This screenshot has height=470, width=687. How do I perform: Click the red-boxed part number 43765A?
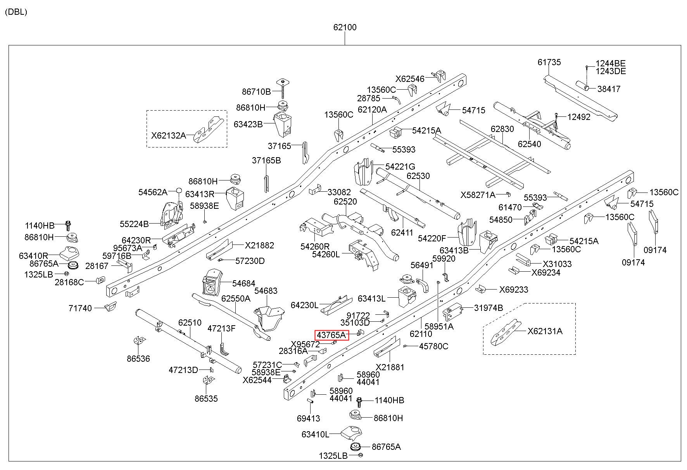coord(331,335)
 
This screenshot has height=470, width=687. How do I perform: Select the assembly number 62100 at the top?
coord(345,28)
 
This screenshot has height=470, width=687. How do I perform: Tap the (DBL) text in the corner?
coord(16,12)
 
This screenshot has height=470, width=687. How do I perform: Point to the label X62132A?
coord(168,135)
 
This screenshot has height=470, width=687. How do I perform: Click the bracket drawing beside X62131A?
coord(506,332)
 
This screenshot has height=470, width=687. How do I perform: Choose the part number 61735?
coord(549,62)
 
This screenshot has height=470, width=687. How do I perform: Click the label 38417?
coord(609,89)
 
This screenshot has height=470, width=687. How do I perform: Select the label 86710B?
coord(256,92)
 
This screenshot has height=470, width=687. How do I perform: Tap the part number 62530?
coord(418,176)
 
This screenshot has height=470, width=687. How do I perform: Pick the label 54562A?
coord(153,192)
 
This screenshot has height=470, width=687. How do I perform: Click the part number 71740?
coord(80,309)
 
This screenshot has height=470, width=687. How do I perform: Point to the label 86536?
coord(138,359)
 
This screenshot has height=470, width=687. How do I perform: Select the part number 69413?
coord(308,418)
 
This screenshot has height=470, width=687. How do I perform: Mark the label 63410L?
coord(315,434)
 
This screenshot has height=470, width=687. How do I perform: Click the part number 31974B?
coord(488,308)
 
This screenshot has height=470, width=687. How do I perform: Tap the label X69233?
coord(513,290)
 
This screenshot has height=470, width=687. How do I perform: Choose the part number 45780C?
coord(433,346)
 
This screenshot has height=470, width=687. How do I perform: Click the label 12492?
coord(579,117)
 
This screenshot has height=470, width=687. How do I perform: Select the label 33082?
coord(339,193)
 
